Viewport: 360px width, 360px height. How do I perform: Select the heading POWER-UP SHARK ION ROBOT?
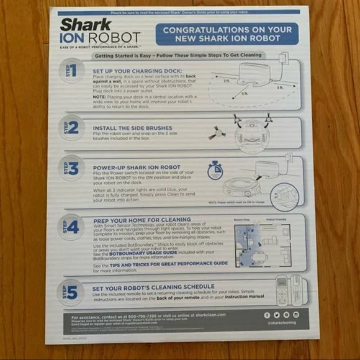point(138,167)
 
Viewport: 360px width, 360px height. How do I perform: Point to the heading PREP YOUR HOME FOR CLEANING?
point(142,220)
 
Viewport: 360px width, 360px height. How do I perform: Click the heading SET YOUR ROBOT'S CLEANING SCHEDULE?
point(154,286)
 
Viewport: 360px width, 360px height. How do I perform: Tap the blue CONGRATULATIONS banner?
point(227,34)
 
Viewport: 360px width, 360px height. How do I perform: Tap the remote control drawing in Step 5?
point(283,290)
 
